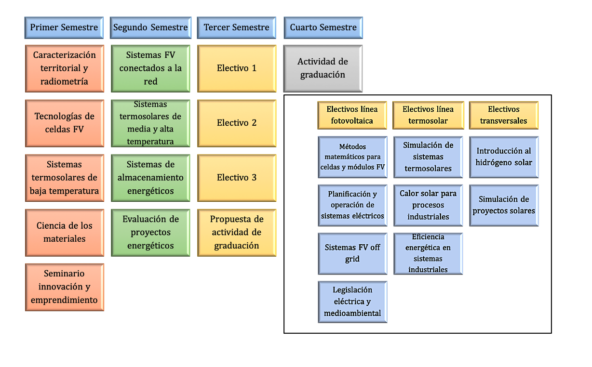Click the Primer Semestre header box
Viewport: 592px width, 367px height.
(x=64, y=27)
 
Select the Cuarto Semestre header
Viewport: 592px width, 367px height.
(x=323, y=27)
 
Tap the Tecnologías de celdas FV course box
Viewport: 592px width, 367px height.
(x=64, y=123)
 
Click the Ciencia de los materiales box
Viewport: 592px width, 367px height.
(x=64, y=232)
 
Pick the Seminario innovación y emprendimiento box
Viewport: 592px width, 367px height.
(x=64, y=287)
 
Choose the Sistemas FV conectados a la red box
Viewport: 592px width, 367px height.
(x=150, y=68)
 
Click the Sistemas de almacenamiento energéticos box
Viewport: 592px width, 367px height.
(x=150, y=178)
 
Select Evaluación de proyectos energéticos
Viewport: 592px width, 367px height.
(x=150, y=232)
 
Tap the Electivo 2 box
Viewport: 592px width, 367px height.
(x=236, y=123)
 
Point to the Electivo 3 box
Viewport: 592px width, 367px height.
(x=236, y=178)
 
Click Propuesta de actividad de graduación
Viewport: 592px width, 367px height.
(x=236, y=232)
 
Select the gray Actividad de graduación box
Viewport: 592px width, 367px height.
(x=323, y=68)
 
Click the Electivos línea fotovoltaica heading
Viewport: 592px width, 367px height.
(x=352, y=115)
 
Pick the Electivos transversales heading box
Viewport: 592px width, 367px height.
(x=503, y=115)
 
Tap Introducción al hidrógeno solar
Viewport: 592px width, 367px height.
(x=503, y=157)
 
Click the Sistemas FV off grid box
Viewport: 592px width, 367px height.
(x=352, y=253)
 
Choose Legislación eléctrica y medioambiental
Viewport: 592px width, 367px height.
(x=352, y=301)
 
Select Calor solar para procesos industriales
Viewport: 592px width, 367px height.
(x=428, y=205)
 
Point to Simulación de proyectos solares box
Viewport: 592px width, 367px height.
(x=503, y=205)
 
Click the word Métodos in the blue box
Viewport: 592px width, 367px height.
(x=352, y=147)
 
